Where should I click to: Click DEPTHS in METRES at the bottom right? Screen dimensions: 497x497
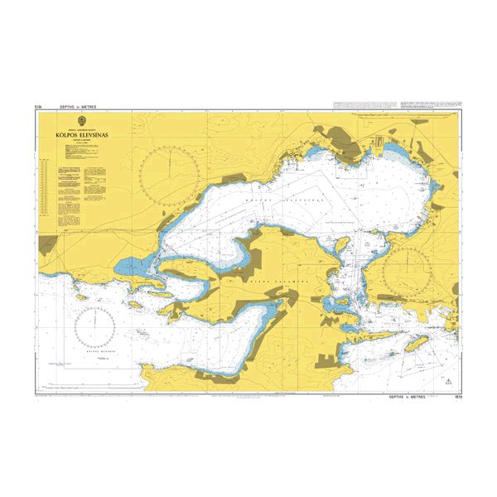pyautogui.click(x=411, y=397)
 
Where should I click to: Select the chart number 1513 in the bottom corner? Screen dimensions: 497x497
pyautogui.click(x=458, y=397)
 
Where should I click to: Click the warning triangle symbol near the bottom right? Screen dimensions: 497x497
pyautogui.click(x=448, y=381)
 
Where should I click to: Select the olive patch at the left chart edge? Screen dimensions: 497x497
pyautogui.click(x=48, y=244)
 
